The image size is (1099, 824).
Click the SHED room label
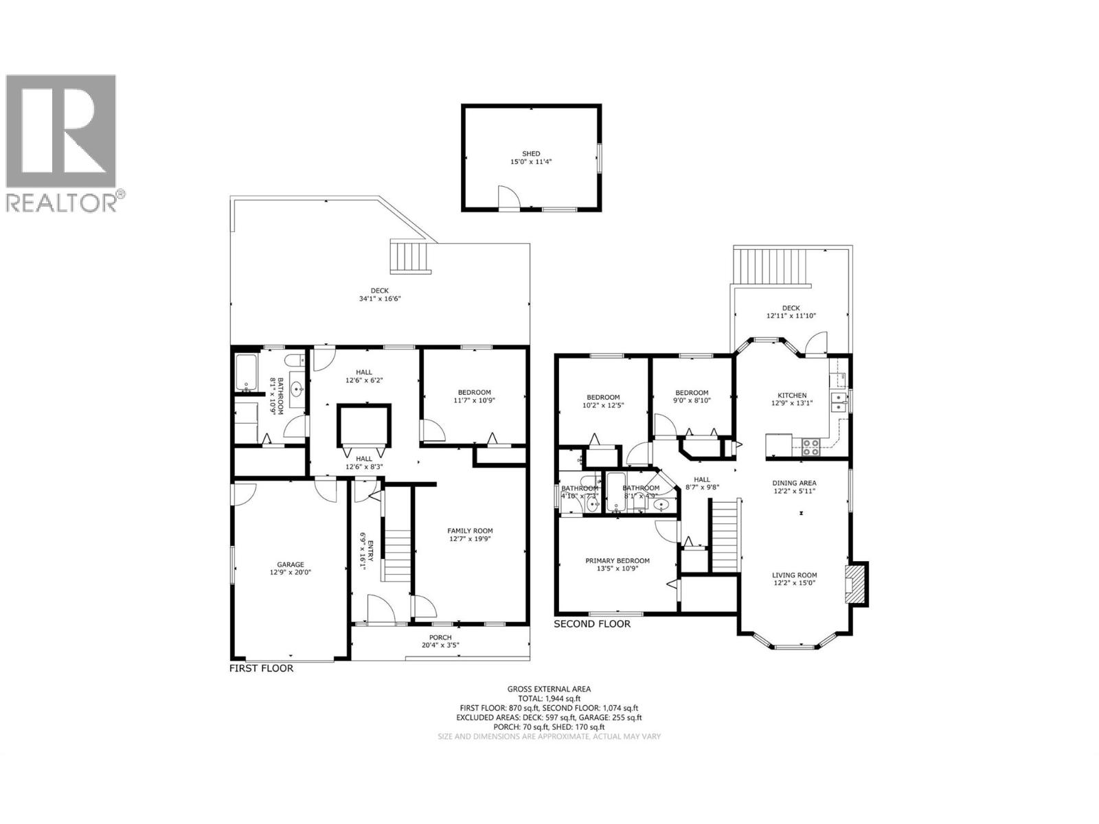click(x=531, y=154)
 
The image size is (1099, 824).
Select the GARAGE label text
click(x=290, y=564)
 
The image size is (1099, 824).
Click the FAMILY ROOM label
click(x=470, y=530)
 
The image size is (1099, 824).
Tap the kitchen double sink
click(x=838, y=402)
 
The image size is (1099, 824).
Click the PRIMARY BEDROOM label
click(x=617, y=560)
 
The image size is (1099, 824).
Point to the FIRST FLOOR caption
click(x=261, y=668)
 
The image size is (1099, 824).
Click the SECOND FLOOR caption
click(x=591, y=624)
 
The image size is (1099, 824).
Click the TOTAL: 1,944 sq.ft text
click(x=549, y=698)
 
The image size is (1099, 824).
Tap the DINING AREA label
click(x=794, y=483)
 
